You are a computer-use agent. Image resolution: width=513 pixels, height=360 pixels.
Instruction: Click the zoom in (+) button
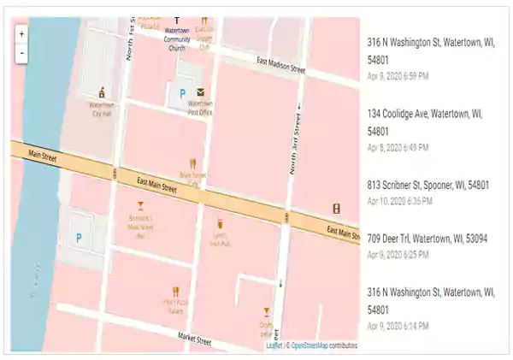[21, 35]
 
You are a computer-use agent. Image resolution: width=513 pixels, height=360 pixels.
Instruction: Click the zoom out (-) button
[21, 52]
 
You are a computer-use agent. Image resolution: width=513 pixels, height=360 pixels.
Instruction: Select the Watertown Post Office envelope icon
[201, 91]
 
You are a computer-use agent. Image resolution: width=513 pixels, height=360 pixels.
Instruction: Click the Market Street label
[195, 339]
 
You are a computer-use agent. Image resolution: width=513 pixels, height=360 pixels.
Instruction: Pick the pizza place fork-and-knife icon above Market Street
[175, 292]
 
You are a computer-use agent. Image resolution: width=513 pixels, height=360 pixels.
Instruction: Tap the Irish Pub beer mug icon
[220, 223]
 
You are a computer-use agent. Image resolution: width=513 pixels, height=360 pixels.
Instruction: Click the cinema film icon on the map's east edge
[337, 208]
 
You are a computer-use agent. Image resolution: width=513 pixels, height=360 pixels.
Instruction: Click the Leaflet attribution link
[274, 346]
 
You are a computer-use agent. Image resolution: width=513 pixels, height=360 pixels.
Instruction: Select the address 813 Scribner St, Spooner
[427, 185]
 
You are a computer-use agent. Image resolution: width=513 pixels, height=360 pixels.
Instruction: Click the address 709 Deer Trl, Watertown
[427, 239]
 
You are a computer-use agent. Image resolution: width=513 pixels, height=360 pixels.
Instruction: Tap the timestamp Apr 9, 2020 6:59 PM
[398, 76]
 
